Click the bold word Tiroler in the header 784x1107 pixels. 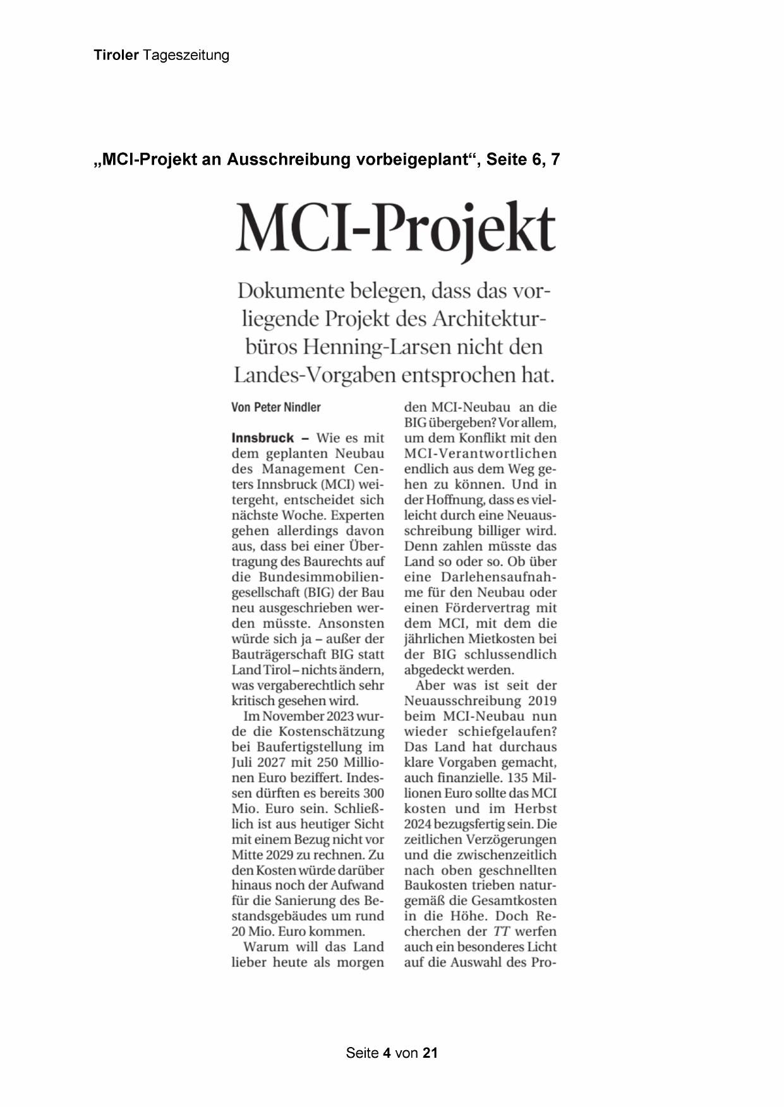click(116, 56)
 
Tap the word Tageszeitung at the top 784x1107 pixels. click(186, 56)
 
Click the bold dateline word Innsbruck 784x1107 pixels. click(263, 438)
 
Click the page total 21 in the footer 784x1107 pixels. click(430, 1053)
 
